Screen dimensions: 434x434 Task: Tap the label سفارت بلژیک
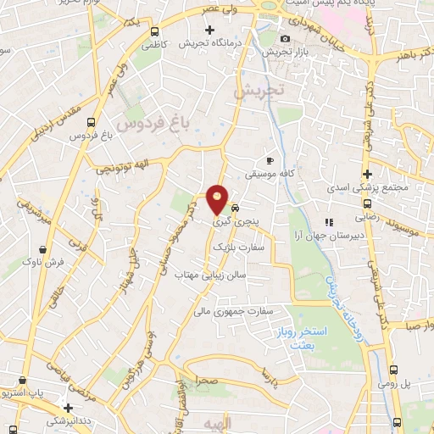click(233, 247)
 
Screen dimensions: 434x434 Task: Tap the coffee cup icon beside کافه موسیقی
click(270, 159)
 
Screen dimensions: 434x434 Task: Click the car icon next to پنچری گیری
click(236, 207)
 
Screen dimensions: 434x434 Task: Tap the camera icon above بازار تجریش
click(284, 38)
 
